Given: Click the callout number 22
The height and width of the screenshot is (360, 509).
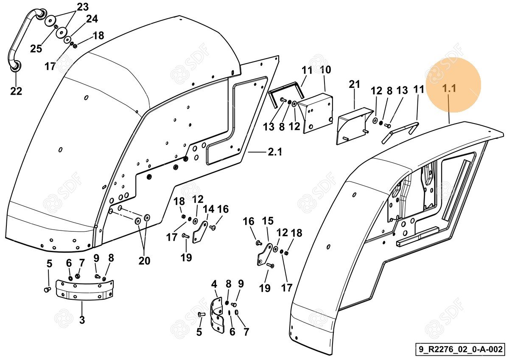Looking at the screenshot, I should click(16, 91).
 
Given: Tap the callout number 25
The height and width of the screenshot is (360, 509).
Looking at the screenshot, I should click(36, 48).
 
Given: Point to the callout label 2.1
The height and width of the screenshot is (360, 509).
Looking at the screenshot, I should click(274, 152).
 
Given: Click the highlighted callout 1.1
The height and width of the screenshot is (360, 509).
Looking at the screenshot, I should click(449, 89).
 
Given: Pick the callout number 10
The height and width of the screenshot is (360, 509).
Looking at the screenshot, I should click(325, 70).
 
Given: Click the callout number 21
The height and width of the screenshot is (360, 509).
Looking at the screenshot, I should click(355, 84).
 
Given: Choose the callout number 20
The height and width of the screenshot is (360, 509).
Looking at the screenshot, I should click(144, 261).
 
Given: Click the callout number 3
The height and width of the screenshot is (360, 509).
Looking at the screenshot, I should click(82, 320).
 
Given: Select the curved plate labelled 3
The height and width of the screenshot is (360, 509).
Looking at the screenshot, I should click(85, 290).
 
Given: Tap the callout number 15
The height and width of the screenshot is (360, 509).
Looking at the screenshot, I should click(268, 221).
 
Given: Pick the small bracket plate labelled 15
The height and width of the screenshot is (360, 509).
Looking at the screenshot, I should click(265, 254).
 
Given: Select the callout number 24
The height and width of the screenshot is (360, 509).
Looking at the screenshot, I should click(92, 19).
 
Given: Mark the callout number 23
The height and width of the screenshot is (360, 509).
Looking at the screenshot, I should click(83, 7).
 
